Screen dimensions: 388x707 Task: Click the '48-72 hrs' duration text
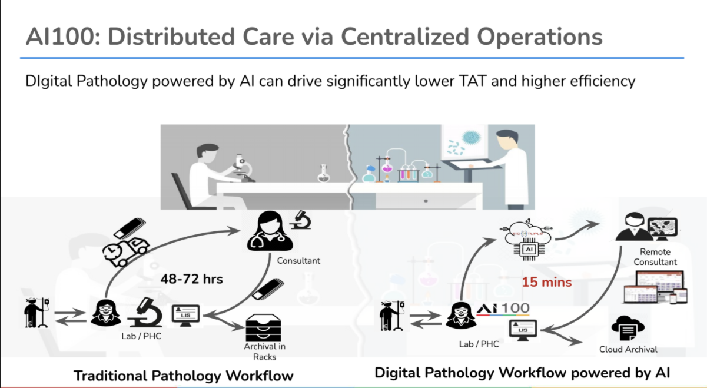click(x=192, y=278)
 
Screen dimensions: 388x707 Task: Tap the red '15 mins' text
click(x=547, y=282)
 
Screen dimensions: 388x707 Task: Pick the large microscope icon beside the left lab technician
click(x=144, y=312)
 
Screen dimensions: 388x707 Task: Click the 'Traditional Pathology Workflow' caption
click(x=183, y=376)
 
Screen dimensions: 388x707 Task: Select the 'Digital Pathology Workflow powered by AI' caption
click(x=522, y=373)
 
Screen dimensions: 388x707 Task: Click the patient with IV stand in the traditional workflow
click(x=35, y=313)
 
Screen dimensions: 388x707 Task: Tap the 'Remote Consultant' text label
click(x=655, y=257)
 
